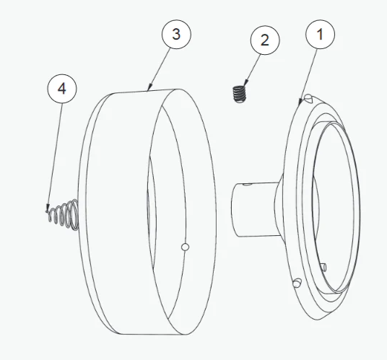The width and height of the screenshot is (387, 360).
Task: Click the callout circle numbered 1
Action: pos(320,35)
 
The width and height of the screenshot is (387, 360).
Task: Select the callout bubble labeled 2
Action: pos(265,40)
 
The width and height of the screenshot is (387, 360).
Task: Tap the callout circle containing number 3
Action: pos(176,34)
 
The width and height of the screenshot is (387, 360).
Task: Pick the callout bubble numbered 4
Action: pos(62,89)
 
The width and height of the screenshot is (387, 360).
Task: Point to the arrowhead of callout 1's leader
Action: pos(300,101)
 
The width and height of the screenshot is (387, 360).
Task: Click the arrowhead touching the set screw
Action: pos(245,83)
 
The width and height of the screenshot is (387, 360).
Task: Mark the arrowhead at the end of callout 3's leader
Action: pos(149,88)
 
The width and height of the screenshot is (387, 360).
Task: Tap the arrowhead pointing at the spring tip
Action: pos(48,208)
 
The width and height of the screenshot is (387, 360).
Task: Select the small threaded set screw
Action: pos(240,94)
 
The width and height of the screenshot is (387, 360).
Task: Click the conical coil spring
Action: pos(64,215)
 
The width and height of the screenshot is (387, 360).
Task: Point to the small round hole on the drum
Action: pos(185,247)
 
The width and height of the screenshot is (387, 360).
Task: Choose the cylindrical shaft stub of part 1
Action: pos(256,209)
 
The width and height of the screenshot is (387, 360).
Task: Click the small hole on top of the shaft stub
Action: pos(248,184)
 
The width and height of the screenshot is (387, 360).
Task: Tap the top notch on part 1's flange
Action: pos(308,98)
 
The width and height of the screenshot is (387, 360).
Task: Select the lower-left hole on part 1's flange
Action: pos(297,283)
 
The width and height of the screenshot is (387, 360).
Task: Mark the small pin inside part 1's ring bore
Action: pos(323,267)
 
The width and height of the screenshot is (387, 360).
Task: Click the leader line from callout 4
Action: pos(55,157)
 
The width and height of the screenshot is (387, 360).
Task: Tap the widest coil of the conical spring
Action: pos(74,215)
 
